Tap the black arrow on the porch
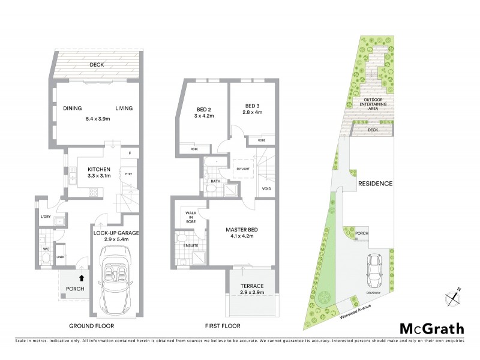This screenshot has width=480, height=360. point(81,278)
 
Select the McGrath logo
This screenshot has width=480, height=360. point(431,328)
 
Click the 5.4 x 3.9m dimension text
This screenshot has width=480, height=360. point(97,119)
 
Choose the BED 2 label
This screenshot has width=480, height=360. point(205,109)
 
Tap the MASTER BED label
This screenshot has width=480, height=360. point(241,229)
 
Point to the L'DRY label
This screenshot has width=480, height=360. point(45,216)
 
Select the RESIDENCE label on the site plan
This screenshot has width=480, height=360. point(375,184)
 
